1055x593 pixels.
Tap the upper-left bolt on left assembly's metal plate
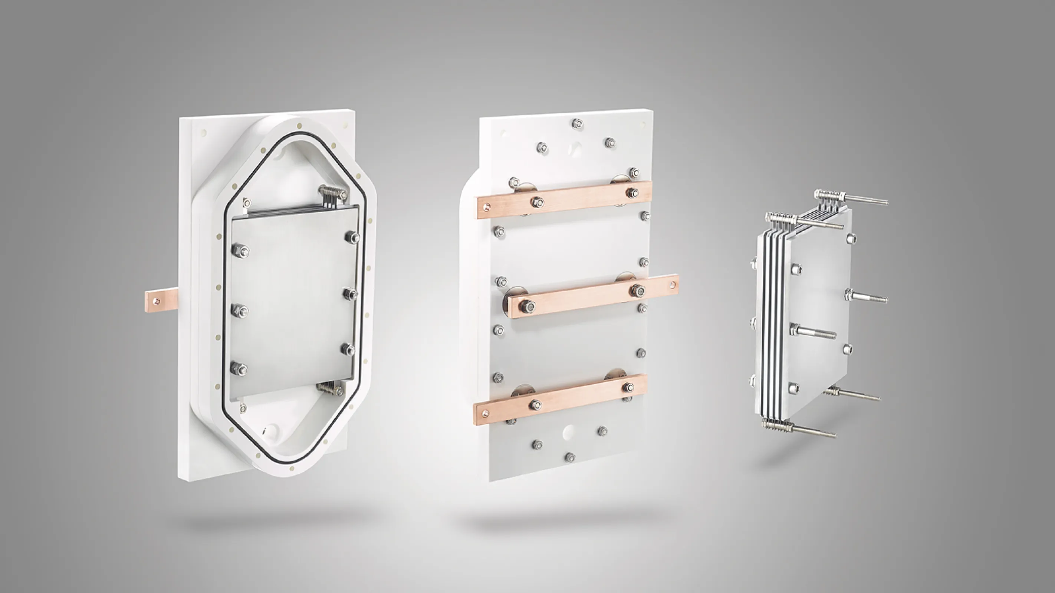click(240, 251)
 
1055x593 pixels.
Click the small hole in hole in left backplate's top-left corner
click(204, 132)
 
